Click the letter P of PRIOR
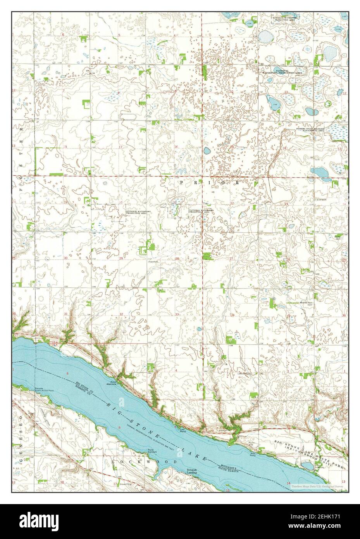pos(181,181)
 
